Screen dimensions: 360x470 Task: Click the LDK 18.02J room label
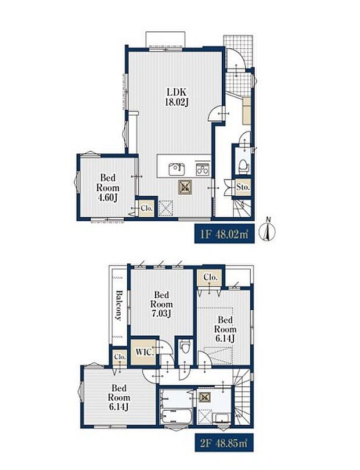[177, 97]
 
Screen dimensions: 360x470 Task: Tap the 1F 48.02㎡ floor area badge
[224, 234]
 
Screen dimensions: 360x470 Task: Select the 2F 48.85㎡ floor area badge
[224, 443]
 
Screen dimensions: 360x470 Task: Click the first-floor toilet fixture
[243, 166]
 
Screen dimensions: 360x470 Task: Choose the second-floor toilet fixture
[185, 349]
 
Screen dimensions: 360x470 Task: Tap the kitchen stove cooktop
[203, 170]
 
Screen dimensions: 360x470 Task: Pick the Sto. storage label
[243, 187]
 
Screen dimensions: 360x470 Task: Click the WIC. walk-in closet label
[145, 351]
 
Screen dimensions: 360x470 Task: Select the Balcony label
[119, 306]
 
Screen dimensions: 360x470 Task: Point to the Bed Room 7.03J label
[161, 304]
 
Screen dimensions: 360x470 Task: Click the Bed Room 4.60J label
[107, 188]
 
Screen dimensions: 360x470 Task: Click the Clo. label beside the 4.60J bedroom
[147, 208]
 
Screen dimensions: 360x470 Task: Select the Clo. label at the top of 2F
[210, 277]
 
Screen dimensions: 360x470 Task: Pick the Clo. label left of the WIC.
[120, 357]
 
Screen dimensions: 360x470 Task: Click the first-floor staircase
[242, 207]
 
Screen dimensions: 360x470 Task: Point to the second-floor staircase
[242, 397]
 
